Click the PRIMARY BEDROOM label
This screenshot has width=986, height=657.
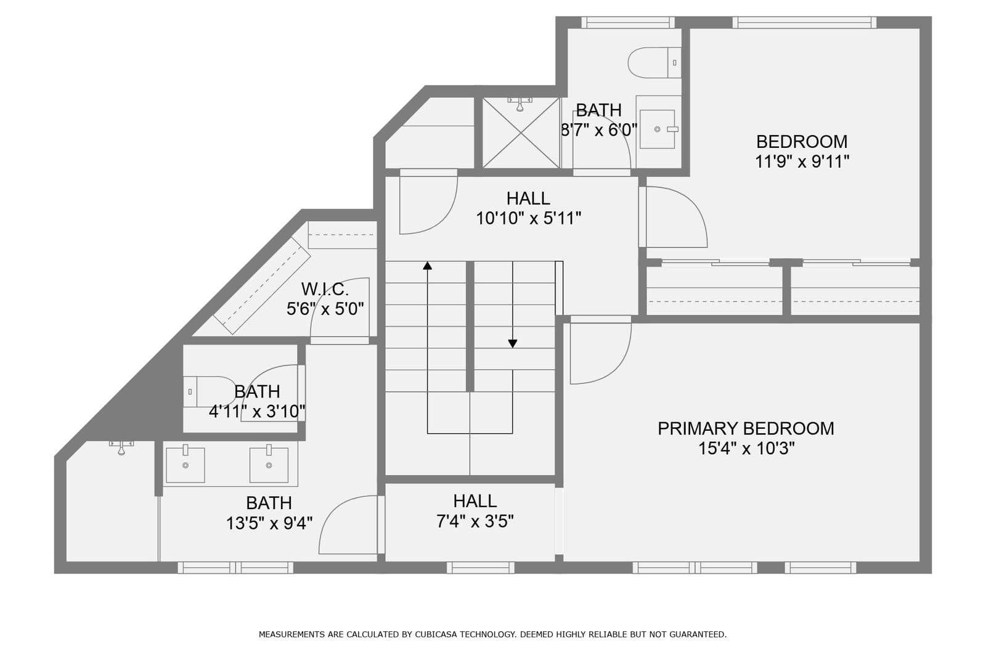pyautogui.click(x=746, y=428)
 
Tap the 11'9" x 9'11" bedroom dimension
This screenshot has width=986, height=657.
pyautogui.click(x=802, y=161)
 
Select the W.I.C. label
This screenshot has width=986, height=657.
pyautogui.click(x=325, y=289)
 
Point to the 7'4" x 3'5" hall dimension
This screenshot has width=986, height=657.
pyautogui.click(x=475, y=521)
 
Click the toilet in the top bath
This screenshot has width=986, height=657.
pyautogui.click(x=654, y=63)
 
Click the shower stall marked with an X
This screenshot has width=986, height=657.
pyautogui.click(x=521, y=133)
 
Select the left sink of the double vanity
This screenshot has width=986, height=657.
pyautogui.click(x=185, y=465)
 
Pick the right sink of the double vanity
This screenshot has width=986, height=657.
pyautogui.click(x=269, y=465)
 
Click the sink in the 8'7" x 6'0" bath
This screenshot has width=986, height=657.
pyautogui.click(x=658, y=129)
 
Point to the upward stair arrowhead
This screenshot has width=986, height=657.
pyautogui.click(x=428, y=266)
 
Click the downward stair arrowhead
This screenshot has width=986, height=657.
pyautogui.click(x=512, y=343)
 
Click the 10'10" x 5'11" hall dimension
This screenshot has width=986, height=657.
pyautogui.click(x=529, y=218)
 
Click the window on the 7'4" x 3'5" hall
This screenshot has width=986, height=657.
pyautogui.click(x=481, y=568)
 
